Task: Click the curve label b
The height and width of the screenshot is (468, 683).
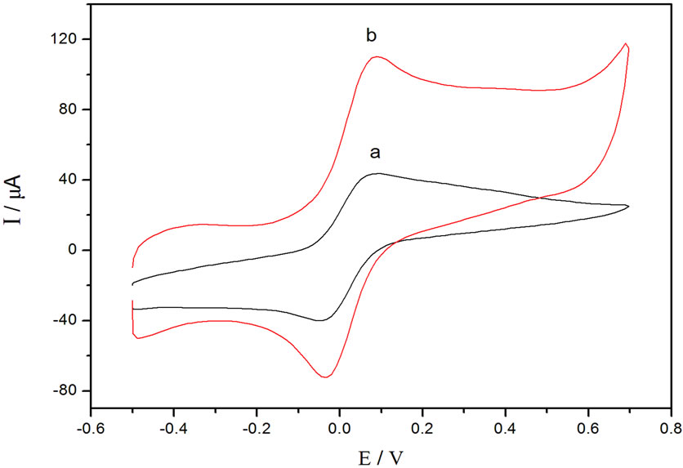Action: click(371, 36)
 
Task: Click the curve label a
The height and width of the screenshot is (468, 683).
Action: click(375, 153)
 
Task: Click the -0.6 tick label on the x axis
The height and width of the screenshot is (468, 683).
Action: click(89, 427)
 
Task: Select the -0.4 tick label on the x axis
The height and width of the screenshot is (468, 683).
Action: click(172, 427)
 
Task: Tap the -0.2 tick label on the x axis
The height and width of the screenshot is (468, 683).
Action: click(255, 427)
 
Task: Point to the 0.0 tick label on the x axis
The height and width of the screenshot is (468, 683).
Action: click(340, 427)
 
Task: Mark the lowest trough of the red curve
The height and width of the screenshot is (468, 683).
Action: click(325, 377)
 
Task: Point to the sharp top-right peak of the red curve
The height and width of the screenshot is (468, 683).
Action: click(626, 44)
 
